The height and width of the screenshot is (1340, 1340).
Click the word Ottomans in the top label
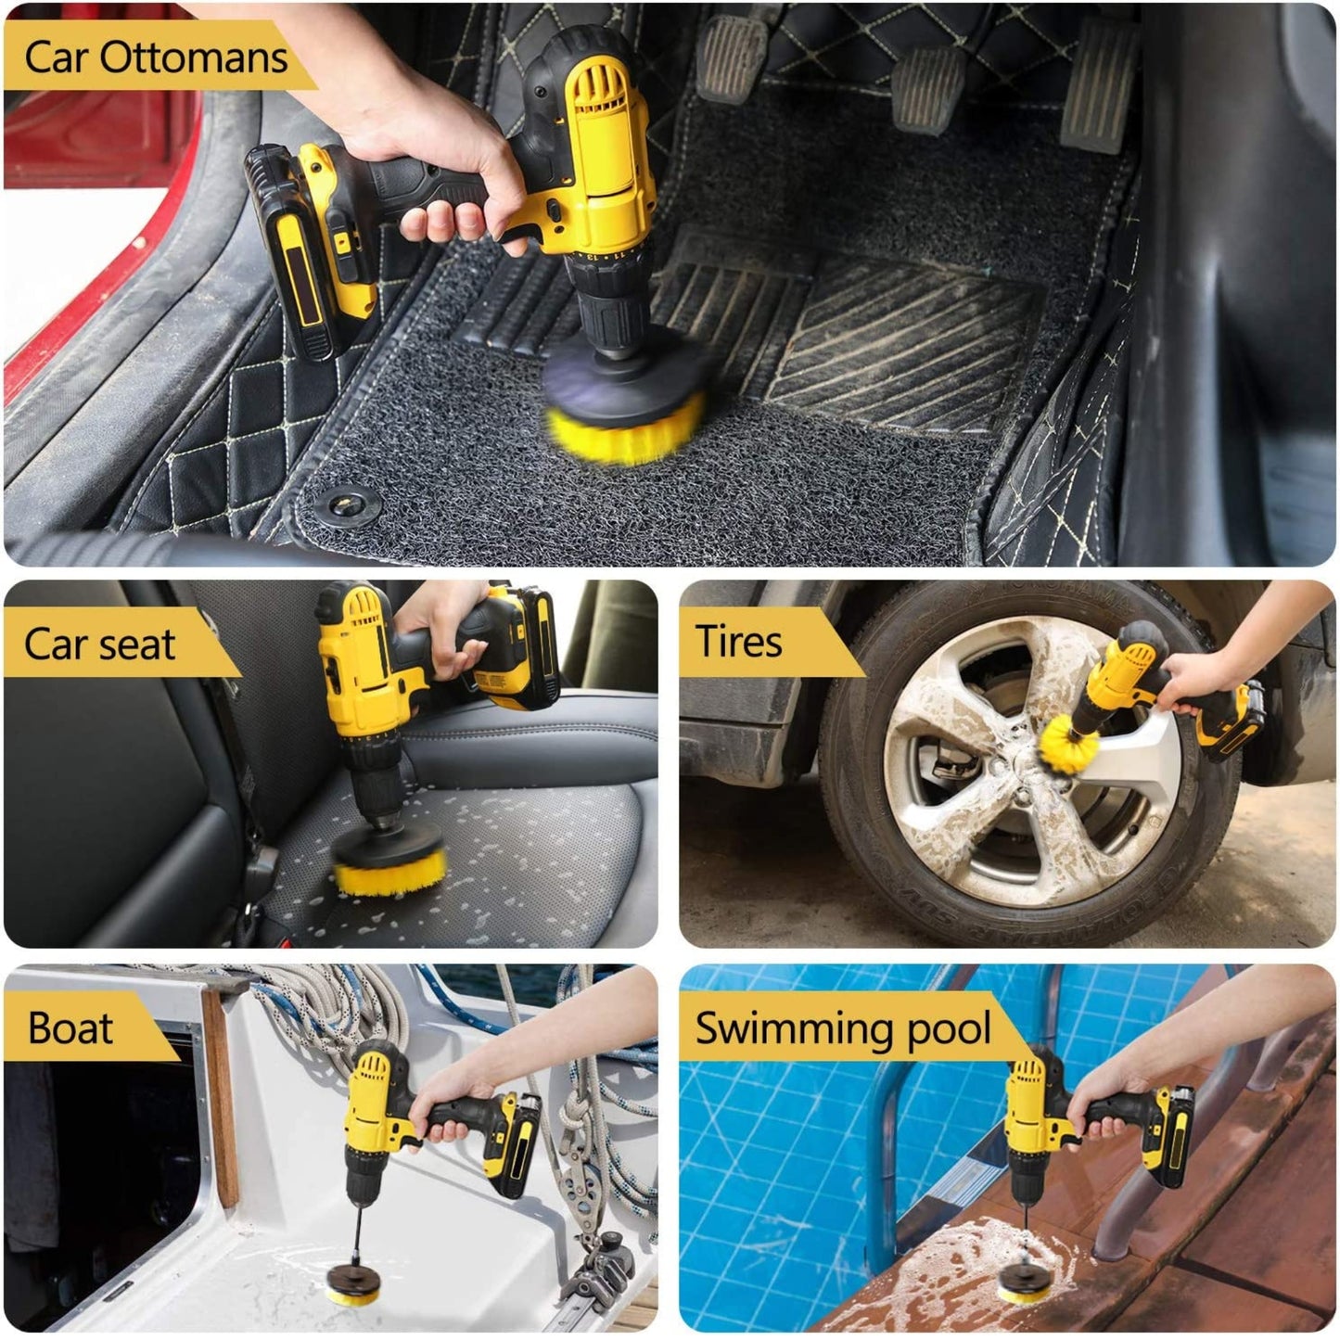[194, 57]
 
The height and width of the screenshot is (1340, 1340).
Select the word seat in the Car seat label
[137, 644]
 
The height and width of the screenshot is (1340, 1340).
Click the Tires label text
[738, 641]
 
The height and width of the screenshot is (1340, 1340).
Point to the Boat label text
[70, 1027]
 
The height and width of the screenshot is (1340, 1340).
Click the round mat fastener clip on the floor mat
[346, 505]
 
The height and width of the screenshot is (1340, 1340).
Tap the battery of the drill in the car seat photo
[520, 646]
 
